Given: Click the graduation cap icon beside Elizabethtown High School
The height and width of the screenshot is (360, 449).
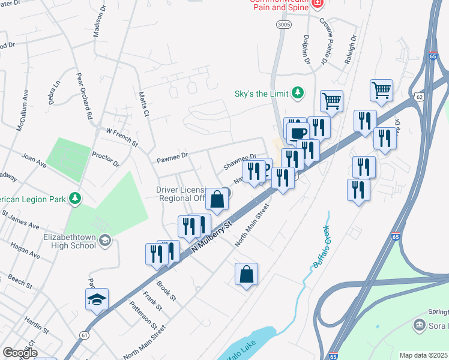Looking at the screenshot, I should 105,241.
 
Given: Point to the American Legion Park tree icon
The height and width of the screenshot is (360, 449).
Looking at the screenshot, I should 74,198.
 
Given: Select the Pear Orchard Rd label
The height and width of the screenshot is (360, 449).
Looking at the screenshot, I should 84,96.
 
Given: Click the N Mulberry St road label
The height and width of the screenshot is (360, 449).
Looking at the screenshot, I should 211,238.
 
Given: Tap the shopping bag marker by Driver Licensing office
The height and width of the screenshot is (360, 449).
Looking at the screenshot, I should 217,199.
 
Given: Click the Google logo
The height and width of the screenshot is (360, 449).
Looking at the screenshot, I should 20,353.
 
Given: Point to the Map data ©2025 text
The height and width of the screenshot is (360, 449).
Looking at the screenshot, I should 423,355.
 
